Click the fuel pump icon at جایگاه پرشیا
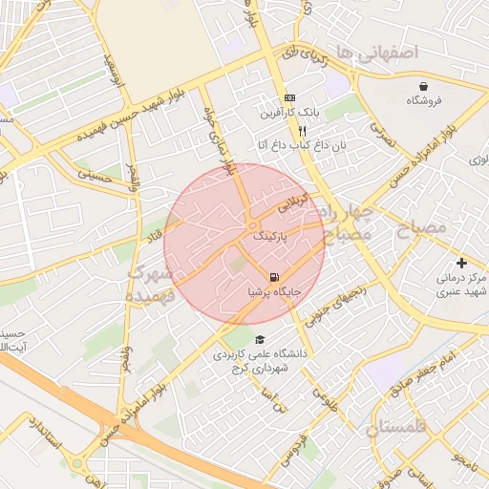point(275,278)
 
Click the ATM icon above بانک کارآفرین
point(290,97)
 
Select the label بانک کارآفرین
point(287,113)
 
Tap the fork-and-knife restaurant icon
point(302,131)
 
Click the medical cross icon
point(462,263)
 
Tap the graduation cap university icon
point(260,340)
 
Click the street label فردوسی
point(291,451)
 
